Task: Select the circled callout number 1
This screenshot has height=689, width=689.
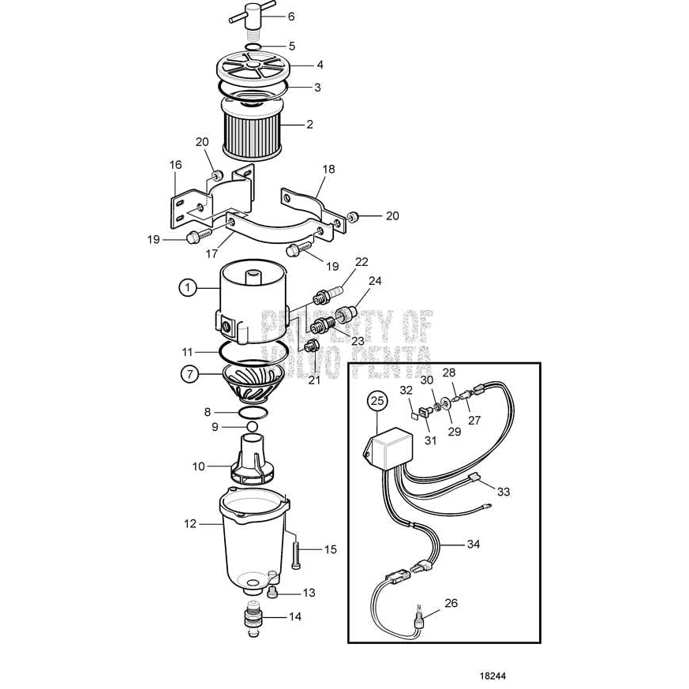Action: point(187,289)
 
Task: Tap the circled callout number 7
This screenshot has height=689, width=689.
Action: point(190,374)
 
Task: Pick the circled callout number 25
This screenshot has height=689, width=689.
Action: point(377,402)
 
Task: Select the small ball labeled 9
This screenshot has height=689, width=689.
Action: point(252,426)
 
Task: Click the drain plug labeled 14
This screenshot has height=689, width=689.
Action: point(253,616)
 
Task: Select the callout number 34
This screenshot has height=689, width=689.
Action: point(474,544)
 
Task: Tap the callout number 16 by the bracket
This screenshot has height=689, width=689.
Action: point(174,165)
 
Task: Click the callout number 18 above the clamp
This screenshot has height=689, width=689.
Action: point(328,170)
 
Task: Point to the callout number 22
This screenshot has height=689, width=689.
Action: point(361,261)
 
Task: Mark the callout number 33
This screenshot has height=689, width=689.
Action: point(504,492)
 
